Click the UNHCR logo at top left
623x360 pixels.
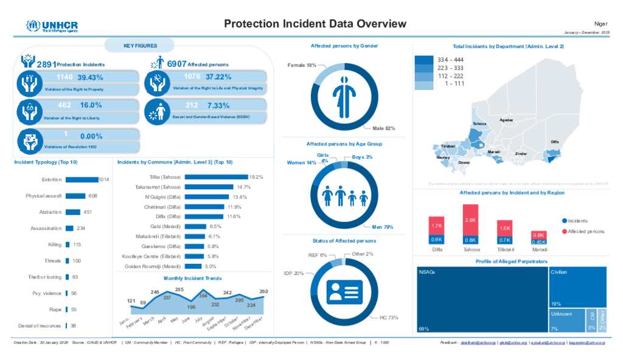click(52, 26)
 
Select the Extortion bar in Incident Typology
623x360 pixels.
click(82, 179)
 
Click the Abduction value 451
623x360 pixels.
click(87, 212)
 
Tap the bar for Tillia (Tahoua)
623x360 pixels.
click(216, 177)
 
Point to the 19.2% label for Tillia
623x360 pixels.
click(256, 177)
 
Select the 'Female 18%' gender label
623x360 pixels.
click(302, 65)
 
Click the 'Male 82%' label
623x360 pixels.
click(384, 128)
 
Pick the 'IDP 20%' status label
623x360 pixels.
click(294, 273)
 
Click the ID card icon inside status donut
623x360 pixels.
click(344, 292)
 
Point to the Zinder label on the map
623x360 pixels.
click(521, 154)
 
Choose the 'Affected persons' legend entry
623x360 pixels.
click(586, 232)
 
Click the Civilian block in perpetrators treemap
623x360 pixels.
click(577, 286)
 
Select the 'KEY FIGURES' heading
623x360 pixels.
click(140, 46)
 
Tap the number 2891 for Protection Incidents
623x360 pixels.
click(46, 64)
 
